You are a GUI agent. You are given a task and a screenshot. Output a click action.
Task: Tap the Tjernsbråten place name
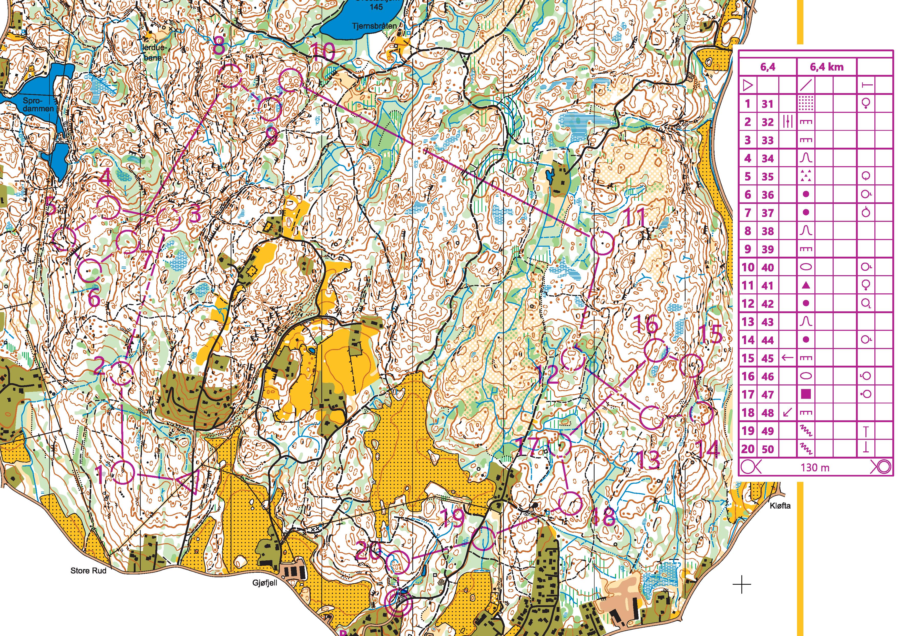coord(374,26)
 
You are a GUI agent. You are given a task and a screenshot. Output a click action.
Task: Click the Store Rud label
coord(88,571)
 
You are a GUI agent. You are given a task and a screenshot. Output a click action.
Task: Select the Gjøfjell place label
coord(265,583)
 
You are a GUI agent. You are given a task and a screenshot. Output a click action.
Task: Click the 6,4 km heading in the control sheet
coord(826,67)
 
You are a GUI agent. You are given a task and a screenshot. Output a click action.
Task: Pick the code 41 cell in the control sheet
coord(768,286)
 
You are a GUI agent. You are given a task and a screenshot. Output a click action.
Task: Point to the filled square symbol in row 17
coord(805,394)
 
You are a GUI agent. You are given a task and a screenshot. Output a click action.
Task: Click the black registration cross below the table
coord(742,585)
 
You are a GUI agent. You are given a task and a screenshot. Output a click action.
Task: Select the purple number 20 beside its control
coord(368,553)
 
